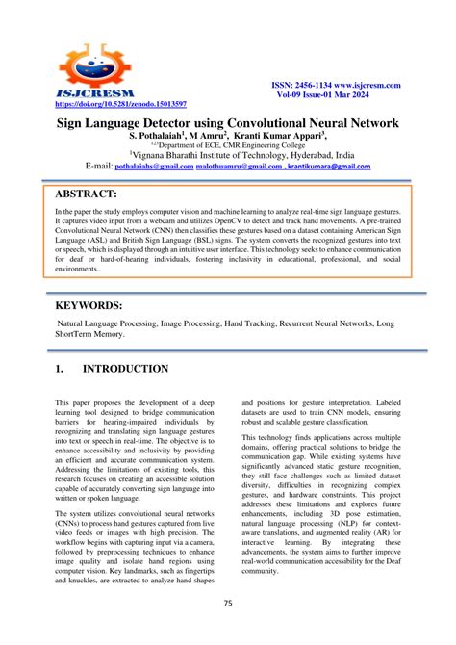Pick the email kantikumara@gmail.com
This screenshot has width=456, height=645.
333,167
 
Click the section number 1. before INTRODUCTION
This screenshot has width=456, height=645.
60,369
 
